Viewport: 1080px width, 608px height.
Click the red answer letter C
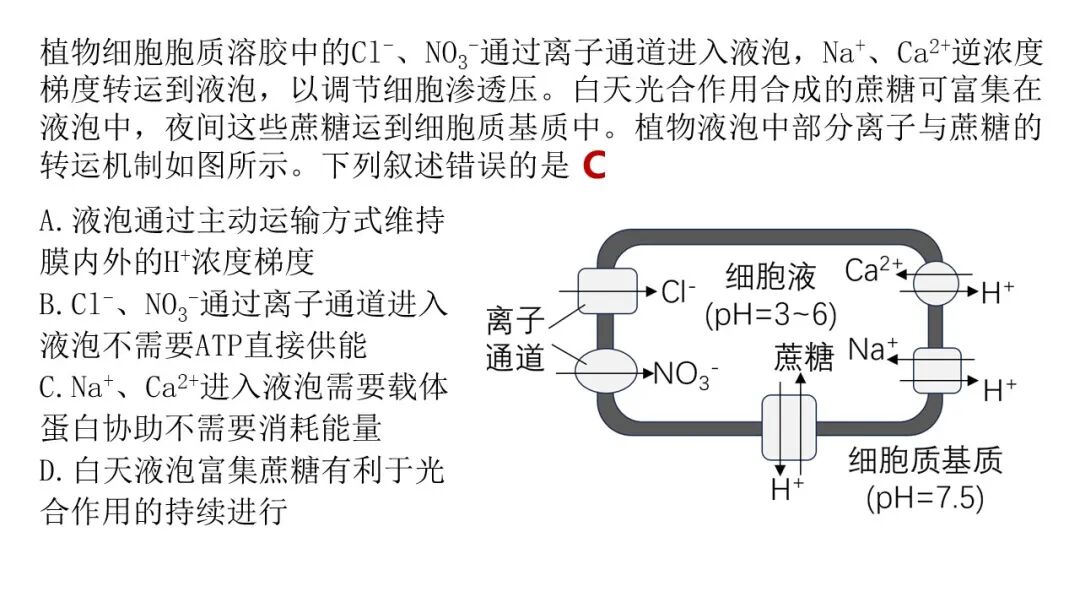click(595, 166)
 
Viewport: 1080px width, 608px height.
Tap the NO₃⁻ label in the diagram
click(686, 375)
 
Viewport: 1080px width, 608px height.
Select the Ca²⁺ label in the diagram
click(873, 269)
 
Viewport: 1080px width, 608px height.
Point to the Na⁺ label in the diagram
click(873, 349)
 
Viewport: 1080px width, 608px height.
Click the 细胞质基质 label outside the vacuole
click(925, 460)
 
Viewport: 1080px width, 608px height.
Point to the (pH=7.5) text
click(925, 497)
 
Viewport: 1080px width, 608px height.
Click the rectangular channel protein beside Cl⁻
click(607, 291)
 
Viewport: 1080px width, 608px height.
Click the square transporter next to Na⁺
click(937, 370)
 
